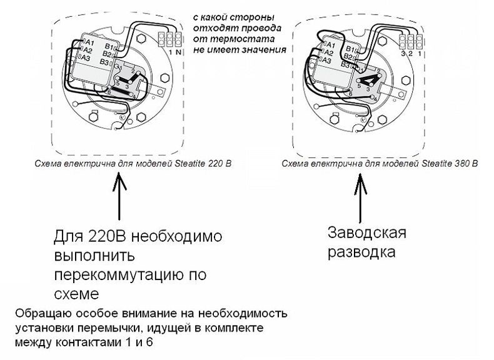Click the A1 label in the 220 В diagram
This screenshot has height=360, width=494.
(x=88, y=42)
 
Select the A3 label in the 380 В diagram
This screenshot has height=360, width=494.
(x=325, y=60)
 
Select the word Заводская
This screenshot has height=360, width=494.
(x=367, y=234)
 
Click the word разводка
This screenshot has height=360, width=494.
(x=361, y=252)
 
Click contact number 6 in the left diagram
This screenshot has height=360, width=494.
(x=110, y=92)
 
